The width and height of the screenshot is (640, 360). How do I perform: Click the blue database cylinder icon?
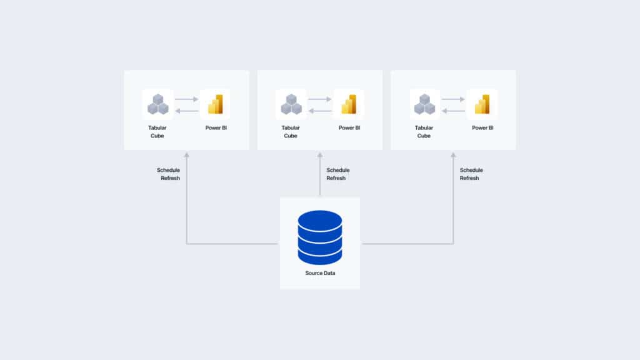(x=320, y=237)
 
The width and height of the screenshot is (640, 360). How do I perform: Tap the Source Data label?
(x=320, y=273)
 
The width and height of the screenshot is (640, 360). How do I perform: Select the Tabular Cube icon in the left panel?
(x=158, y=104)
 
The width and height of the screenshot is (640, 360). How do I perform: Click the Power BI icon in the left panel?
(x=216, y=104)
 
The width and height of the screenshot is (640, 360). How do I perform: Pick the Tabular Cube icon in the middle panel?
(x=291, y=104)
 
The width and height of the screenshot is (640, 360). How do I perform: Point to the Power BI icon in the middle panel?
(x=349, y=104)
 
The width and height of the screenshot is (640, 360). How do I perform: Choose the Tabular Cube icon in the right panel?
(x=424, y=104)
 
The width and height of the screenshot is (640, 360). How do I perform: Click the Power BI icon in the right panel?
(x=482, y=104)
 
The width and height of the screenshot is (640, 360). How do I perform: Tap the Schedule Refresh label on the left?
(x=169, y=174)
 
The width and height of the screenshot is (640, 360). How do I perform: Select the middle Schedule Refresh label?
(x=338, y=174)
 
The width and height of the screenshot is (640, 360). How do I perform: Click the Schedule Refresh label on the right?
(x=471, y=174)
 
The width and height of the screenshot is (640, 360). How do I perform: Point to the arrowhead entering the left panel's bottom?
(x=186, y=155)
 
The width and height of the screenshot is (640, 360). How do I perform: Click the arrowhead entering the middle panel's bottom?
(x=320, y=155)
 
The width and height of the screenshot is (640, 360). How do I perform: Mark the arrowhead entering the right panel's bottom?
(x=453, y=155)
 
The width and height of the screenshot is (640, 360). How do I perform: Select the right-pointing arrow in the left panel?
(x=186, y=99)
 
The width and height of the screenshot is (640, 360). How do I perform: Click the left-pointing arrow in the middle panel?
(x=320, y=111)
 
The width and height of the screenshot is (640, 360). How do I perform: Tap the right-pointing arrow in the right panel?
(x=453, y=99)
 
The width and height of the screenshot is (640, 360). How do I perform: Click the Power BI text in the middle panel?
(x=349, y=127)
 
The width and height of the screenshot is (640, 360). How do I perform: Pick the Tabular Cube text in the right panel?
(x=424, y=132)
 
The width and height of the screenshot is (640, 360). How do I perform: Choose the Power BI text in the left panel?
(x=216, y=127)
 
